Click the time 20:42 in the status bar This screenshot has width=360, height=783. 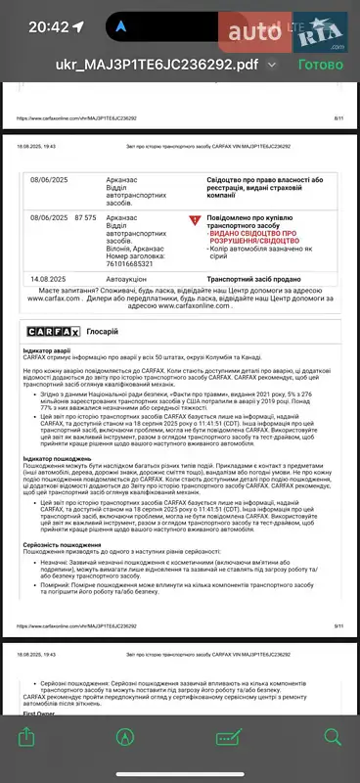(49, 27)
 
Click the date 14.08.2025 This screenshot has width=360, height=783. (49, 280)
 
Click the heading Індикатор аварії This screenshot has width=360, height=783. (55, 349)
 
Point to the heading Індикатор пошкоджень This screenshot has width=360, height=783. (65, 458)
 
